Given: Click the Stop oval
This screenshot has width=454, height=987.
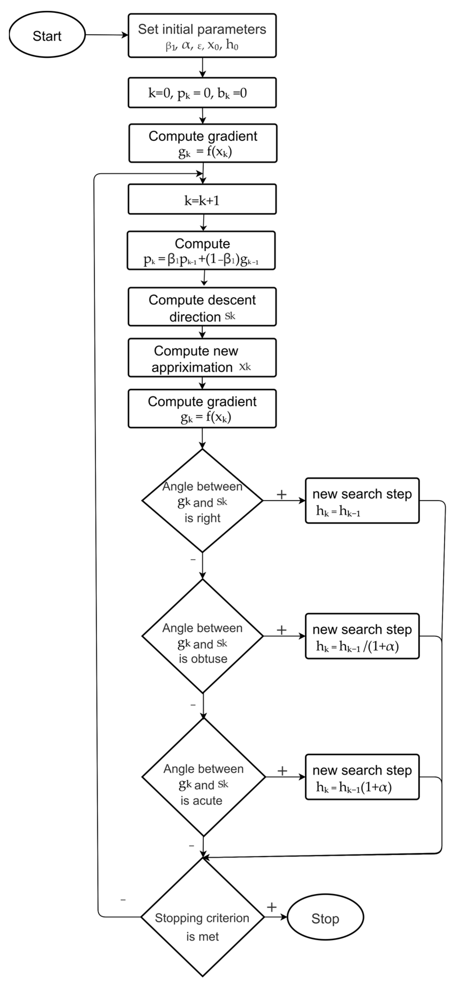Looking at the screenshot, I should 325,918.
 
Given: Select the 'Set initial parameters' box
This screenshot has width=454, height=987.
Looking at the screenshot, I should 202,36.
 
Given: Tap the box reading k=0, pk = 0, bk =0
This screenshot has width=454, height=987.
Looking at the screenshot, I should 202,93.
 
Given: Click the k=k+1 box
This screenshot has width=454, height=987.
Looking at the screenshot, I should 202,199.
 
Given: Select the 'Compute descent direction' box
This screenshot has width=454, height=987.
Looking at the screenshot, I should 202,307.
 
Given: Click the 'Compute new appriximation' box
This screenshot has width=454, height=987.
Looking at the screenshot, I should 202,358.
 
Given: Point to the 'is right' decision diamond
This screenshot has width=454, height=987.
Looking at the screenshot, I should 202,500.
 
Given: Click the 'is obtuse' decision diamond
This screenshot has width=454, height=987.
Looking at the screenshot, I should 202,636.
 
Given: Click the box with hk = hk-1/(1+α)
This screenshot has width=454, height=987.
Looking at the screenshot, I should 362,636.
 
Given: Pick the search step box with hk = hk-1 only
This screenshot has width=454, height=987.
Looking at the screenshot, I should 362,500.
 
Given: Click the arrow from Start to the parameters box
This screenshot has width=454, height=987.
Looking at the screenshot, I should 106,35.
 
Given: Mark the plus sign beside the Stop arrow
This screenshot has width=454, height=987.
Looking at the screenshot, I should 271,907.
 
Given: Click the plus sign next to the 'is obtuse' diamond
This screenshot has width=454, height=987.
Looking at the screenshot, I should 282,629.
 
